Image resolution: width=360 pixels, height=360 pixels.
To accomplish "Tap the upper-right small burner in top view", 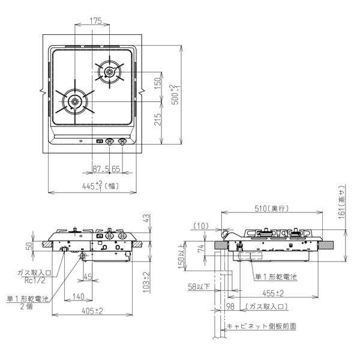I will (x=109, y=73).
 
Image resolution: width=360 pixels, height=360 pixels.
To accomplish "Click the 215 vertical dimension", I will (x=157, y=122).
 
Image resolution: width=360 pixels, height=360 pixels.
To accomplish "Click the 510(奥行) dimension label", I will (x=271, y=208).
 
